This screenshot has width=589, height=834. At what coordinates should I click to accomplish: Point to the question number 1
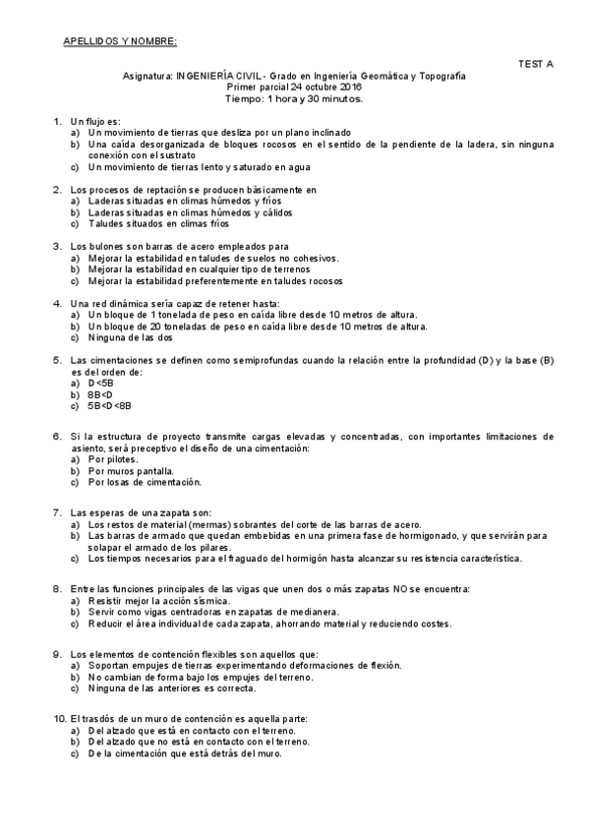pos(57,120)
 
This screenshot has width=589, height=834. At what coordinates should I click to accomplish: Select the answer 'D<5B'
pos(100,383)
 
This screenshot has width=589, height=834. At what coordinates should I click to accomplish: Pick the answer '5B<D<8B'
pos(109,405)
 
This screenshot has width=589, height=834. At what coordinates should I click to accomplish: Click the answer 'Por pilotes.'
pos(114,459)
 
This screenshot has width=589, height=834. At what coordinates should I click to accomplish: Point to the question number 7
pos(57,513)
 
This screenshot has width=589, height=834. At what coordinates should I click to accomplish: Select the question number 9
pos(57,654)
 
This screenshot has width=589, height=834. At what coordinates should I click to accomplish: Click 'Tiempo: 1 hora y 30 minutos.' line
pos(294,98)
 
